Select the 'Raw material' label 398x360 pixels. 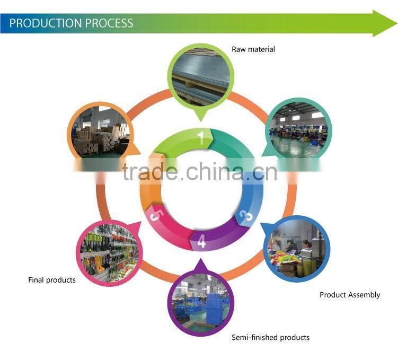pyautogui.click(x=253, y=49)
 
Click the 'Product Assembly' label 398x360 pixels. pyautogui.click(x=350, y=295)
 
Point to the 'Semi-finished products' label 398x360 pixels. pyautogui.click(x=270, y=337)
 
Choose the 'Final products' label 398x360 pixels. pyautogui.click(x=52, y=279)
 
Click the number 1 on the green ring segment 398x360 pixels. pyautogui.click(x=201, y=138)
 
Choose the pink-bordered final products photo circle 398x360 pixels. pyautogui.click(x=108, y=249)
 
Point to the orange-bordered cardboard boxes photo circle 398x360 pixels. pyautogui.click(x=101, y=131)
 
